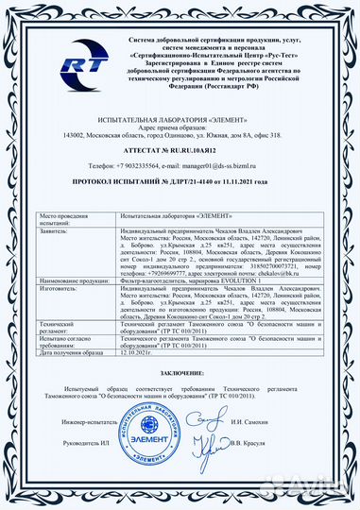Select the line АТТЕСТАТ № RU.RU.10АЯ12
[180, 149]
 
